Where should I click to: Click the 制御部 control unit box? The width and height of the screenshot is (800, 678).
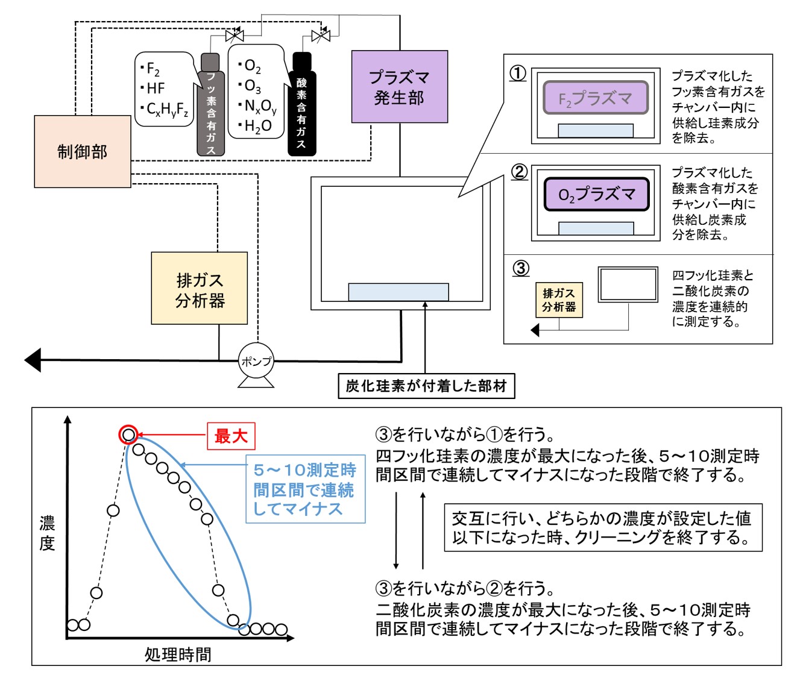pyautogui.click(x=82, y=151)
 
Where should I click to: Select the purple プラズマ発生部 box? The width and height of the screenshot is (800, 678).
pyautogui.click(x=399, y=87)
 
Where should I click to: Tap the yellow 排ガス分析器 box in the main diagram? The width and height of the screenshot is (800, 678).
pyautogui.click(x=199, y=288)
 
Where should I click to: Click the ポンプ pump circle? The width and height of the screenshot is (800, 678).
pyautogui.click(x=256, y=361)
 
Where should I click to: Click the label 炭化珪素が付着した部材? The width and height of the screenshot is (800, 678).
pyautogui.click(x=426, y=386)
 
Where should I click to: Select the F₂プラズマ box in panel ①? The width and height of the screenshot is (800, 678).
pyautogui.click(x=595, y=98)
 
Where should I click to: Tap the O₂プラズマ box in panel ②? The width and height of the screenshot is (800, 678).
pyautogui.click(x=596, y=194)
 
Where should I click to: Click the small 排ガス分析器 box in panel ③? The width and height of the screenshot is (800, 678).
pyautogui.click(x=559, y=300)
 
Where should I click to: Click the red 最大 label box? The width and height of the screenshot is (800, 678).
pyautogui.click(x=231, y=436)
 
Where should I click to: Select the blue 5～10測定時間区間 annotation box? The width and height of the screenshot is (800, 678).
pyautogui.click(x=305, y=489)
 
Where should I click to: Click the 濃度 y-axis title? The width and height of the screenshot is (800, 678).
pyautogui.click(x=47, y=533)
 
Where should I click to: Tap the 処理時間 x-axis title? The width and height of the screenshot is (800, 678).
pyautogui.click(x=178, y=654)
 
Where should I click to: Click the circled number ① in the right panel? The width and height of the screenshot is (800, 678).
pyautogui.click(x=518, y=74)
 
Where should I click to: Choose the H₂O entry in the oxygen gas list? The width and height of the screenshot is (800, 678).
pyautogui.click(x=256, y=126)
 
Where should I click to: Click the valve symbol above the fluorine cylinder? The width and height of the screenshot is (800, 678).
pyautogui.click(x=233, y=36)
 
